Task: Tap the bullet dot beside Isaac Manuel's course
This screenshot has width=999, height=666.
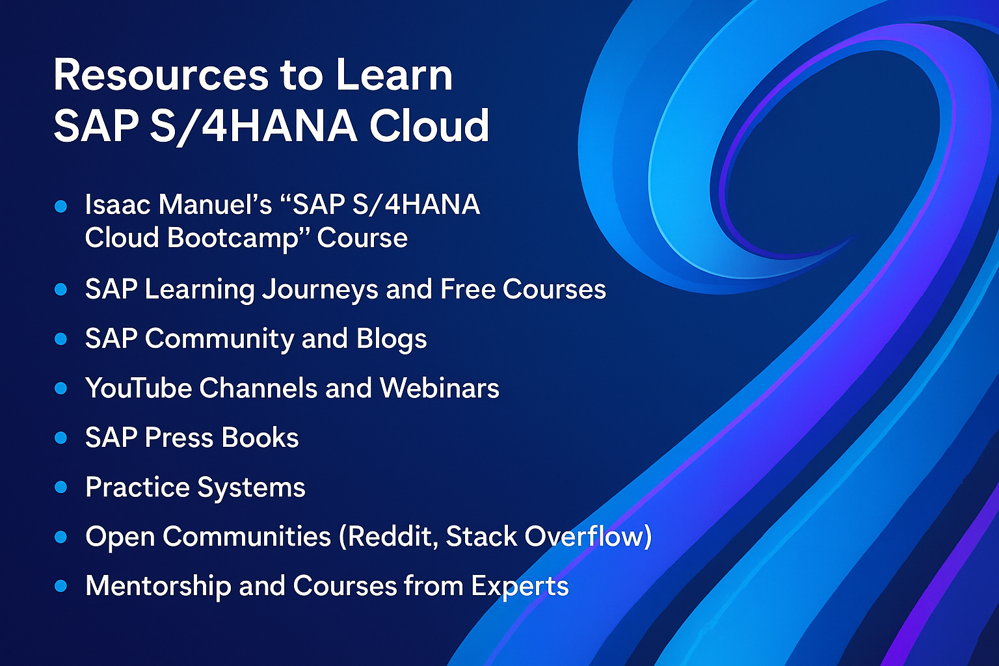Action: point(60,206)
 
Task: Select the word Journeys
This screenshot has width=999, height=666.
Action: point(320,290)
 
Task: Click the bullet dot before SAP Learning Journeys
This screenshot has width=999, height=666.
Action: point(60,289)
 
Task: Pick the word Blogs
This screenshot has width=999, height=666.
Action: point(391,339)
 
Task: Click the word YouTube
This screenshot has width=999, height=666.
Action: point(139,388)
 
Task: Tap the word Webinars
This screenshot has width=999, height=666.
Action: point(439,388)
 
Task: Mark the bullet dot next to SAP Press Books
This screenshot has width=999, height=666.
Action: point(60,438)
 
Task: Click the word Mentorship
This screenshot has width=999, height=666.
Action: point(158,586)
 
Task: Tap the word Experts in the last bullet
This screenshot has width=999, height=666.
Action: point(520,587)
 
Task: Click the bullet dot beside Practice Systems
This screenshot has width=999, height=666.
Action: point(60,487)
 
